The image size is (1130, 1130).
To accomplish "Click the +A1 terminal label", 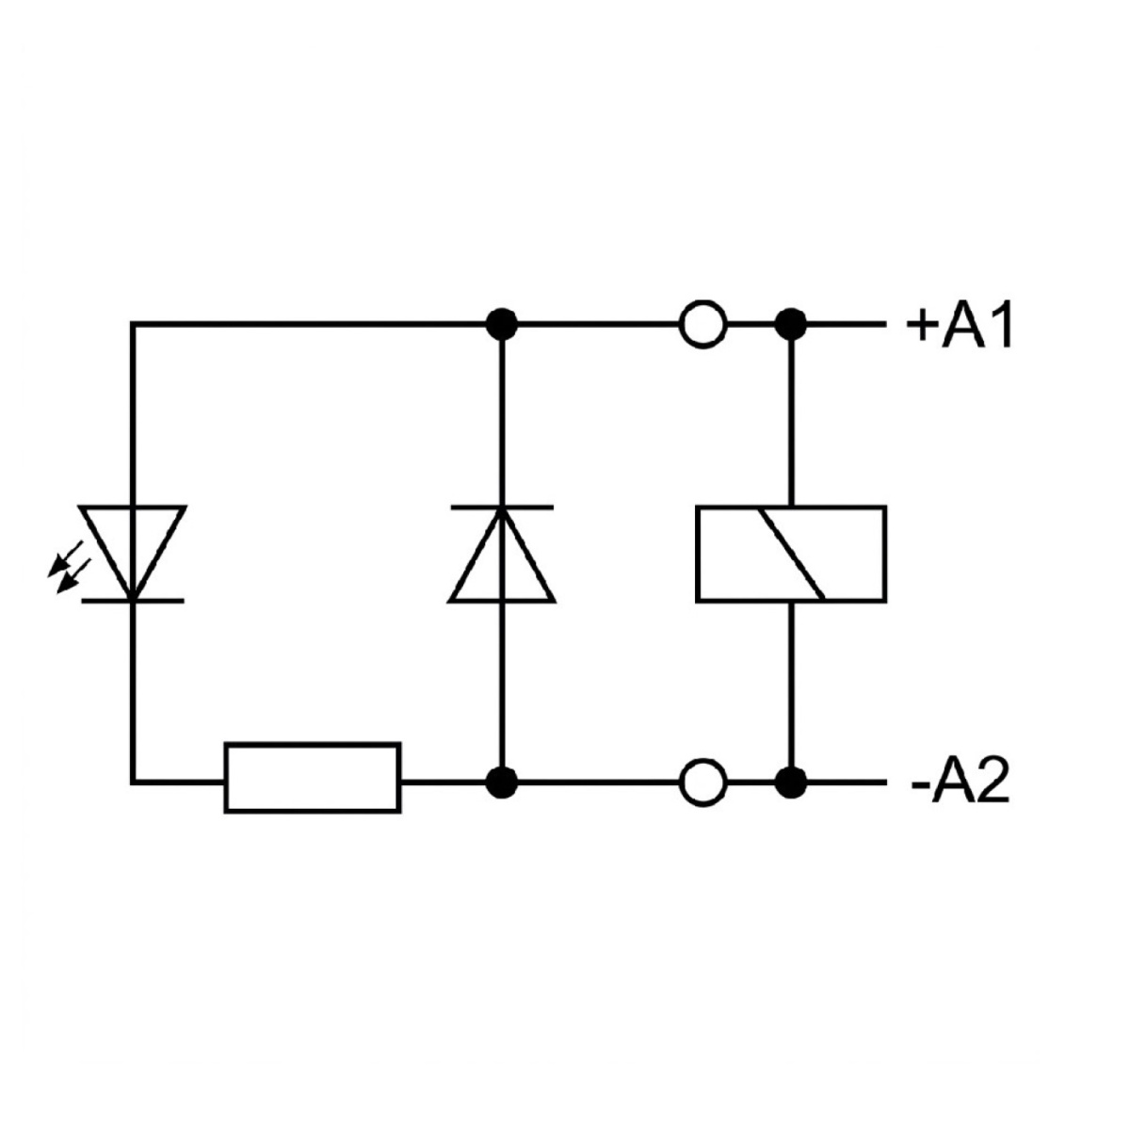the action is [x=960, y=325].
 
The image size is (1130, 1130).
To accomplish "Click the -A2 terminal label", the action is [x=960, y=783].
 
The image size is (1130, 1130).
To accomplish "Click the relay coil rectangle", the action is [x=790, y=554].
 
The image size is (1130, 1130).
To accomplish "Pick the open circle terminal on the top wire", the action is [x=702, y=324].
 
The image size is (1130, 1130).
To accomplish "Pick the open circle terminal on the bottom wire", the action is [x=702, y=783].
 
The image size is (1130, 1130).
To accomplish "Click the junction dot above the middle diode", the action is [x=501, y=324].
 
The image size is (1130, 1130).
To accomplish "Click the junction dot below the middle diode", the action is [x=501, y=783].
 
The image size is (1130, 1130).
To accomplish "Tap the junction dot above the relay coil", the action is [x=790, y=324].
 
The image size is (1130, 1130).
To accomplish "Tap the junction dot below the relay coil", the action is [x=790, y=783].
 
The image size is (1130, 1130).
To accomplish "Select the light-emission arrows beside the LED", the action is [x=69, y=567].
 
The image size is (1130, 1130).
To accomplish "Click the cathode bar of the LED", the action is [x=133, y=601].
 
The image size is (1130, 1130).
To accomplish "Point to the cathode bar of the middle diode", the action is [x=501, y=507].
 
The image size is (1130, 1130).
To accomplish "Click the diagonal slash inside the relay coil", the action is [x=791, y=554].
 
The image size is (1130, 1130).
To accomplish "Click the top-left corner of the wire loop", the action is [x=133, y=324].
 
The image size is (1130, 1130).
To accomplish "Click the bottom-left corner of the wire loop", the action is [x=133, y=782].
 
